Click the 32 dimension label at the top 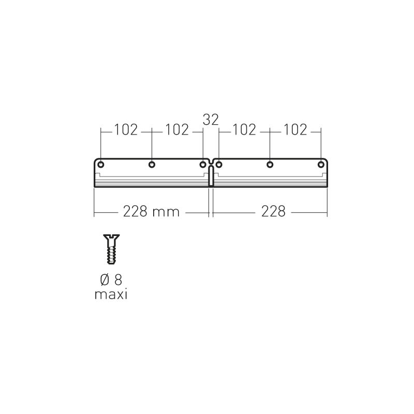click(211, 120)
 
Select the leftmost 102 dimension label click(126, 130)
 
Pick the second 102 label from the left click(177, 130)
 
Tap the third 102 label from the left click(244, 130)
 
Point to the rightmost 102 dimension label click(295, 130)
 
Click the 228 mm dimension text click(151, 212)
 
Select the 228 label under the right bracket click(273, 212)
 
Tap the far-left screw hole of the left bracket click(100, 165)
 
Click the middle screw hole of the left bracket click(152, 165)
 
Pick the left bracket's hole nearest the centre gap click(202, 165)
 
